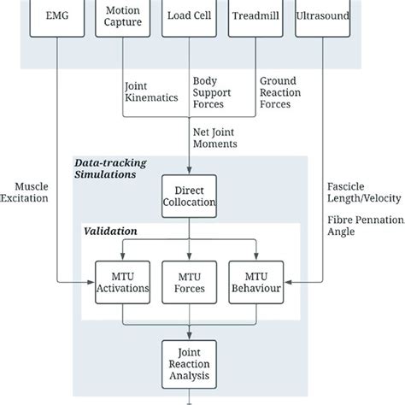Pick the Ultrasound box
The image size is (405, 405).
point(324,16)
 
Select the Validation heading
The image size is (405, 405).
point(110,231)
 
